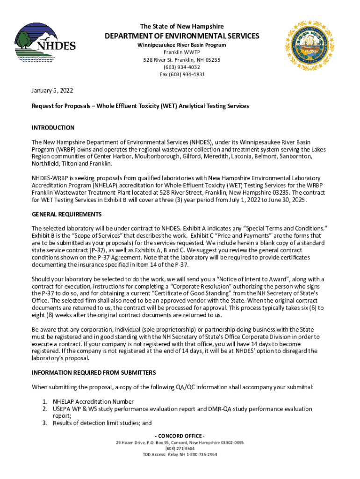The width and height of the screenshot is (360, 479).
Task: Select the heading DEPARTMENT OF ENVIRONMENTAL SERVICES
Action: pos(182,36)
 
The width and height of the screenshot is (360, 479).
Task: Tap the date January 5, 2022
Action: pos(52,90)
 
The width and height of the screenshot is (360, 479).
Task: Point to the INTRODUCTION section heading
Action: pos(53,128)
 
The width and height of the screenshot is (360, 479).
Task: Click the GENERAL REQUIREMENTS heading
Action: pos(66,214)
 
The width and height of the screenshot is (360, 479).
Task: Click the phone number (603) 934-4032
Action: pos(182,67)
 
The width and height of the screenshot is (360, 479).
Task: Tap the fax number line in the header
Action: pos(182,74)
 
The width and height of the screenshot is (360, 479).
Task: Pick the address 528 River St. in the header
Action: pos(182,60)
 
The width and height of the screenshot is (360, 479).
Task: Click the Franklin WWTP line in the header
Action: pos(182,52)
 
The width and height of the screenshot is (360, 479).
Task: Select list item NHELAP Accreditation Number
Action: pos(93,402)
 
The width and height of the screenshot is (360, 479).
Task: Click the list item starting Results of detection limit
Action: pos(102,423)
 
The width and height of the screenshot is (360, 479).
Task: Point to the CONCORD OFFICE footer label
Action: pos(180,436)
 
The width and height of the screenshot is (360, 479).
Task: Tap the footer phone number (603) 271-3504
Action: pos(180,448)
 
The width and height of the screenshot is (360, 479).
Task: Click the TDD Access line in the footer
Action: pos(180,454)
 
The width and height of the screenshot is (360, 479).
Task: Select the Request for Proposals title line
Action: pos(140,106)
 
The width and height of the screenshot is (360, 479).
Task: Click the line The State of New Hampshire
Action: pos(182,26)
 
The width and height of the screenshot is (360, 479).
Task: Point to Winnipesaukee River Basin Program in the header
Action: pos(182,45)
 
